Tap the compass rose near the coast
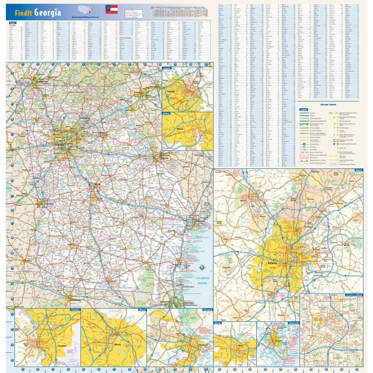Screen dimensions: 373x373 tap(201, 267)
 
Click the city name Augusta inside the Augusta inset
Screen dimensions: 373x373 tap(186, 91)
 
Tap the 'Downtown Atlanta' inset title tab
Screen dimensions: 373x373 tap(352, 294)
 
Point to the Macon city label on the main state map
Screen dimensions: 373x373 tap(96, 186)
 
